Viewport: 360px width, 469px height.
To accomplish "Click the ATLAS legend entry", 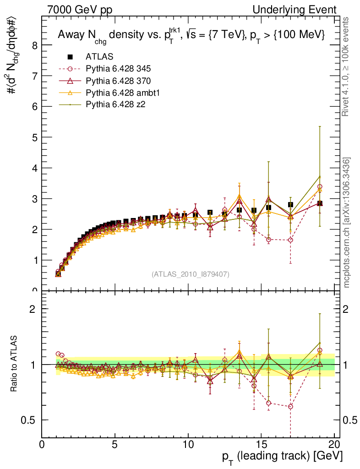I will (99, 57).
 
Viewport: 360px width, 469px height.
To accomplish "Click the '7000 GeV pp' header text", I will (79, 10).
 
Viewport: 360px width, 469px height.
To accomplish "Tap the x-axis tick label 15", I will (261, 444).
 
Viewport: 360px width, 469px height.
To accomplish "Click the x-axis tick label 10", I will (188, 444).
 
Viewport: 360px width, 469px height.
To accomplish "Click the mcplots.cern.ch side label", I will (347, 224).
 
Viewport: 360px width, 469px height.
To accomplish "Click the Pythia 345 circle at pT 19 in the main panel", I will (320, 187).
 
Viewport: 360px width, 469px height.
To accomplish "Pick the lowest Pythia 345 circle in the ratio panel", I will (290, 407).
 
